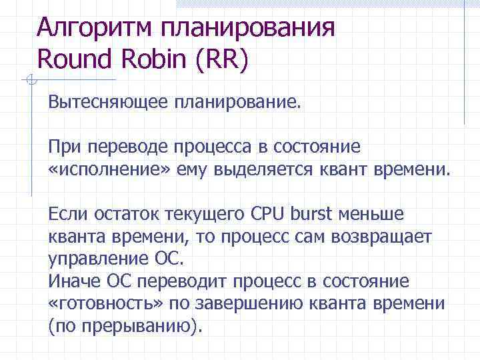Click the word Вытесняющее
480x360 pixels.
point(108,104)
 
